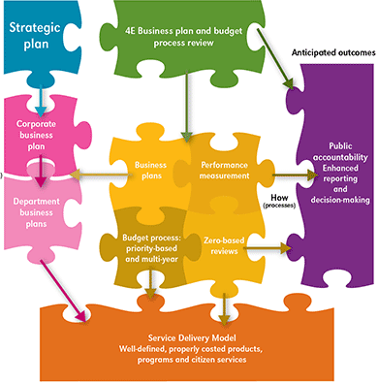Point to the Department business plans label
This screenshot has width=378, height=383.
[x=41, y=207]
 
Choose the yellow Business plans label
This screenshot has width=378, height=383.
[x=151, y=171]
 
